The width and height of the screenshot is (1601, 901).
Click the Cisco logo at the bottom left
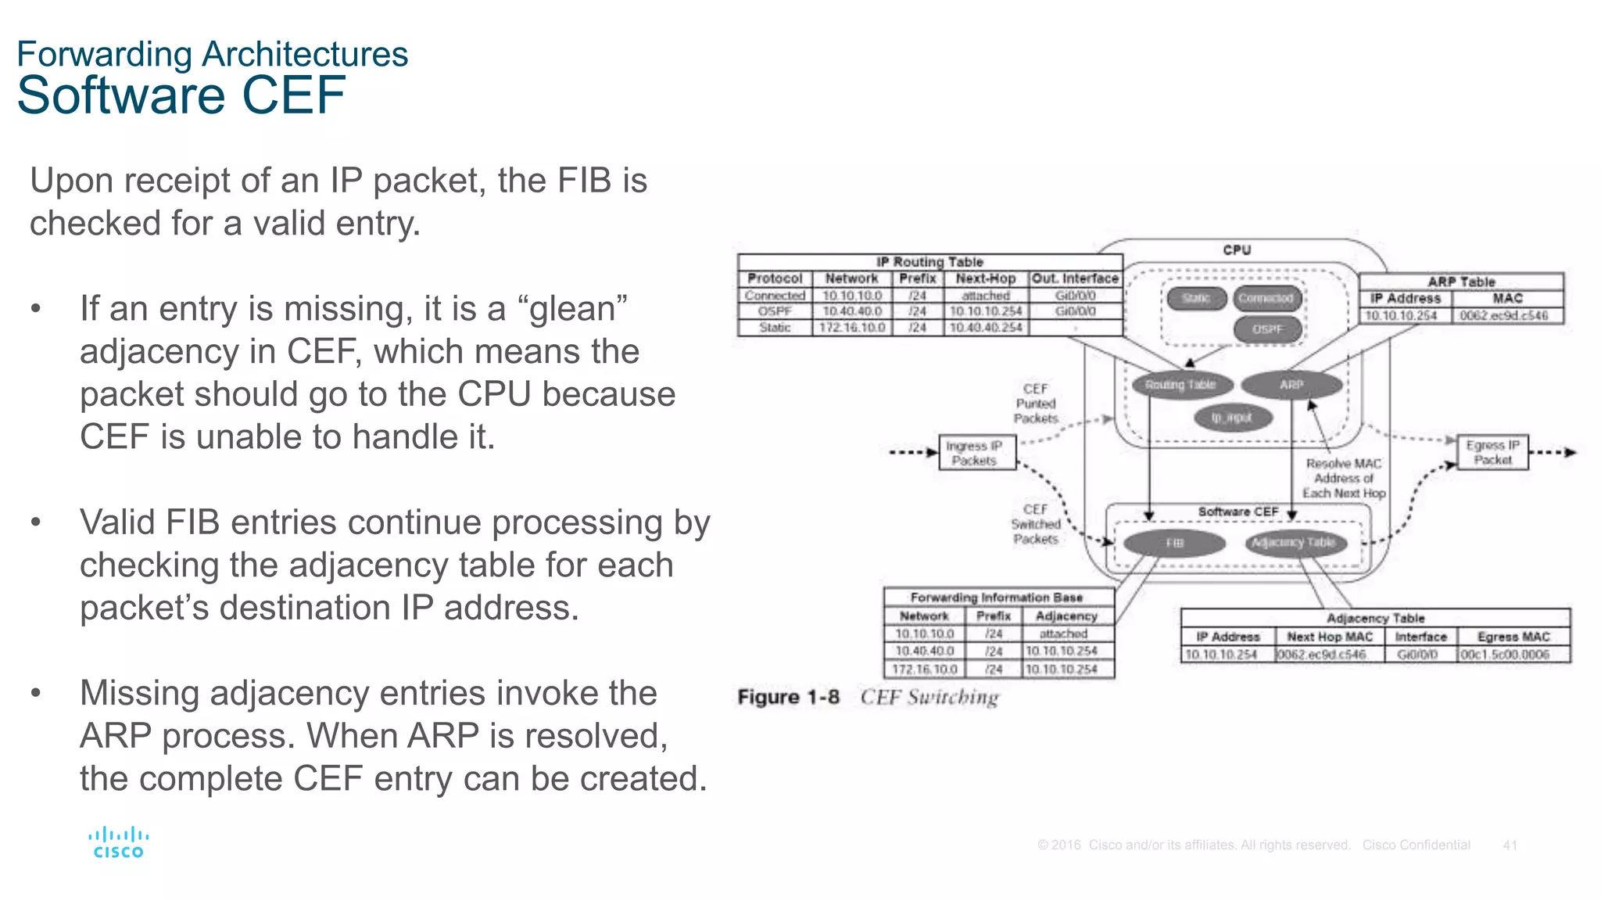[118, 842]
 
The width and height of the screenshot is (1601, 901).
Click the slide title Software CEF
[181, 95]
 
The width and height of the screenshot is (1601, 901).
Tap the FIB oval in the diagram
[1174, 543]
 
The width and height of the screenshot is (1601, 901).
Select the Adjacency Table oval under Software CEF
[1295, 542]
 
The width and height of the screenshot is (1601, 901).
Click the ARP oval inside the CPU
[1291, 385]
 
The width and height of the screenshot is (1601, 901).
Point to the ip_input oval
[1232, 418]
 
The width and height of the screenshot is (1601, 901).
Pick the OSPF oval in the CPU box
[1267, 329]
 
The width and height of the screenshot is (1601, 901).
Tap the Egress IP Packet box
[1492, 452]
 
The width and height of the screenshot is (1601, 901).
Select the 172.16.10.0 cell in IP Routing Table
[851, 328]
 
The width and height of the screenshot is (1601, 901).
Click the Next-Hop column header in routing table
[985, 278]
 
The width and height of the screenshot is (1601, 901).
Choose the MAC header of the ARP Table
[1506, 298]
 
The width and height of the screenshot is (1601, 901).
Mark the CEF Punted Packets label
[1035, 404]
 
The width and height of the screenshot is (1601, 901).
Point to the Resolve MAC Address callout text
[1343, 478]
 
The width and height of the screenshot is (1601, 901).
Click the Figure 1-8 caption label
[788, 697]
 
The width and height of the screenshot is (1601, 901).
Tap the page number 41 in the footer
[1510, 845]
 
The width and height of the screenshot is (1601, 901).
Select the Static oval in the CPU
[1195, 298]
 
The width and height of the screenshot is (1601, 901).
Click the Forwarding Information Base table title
[996, 598]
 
